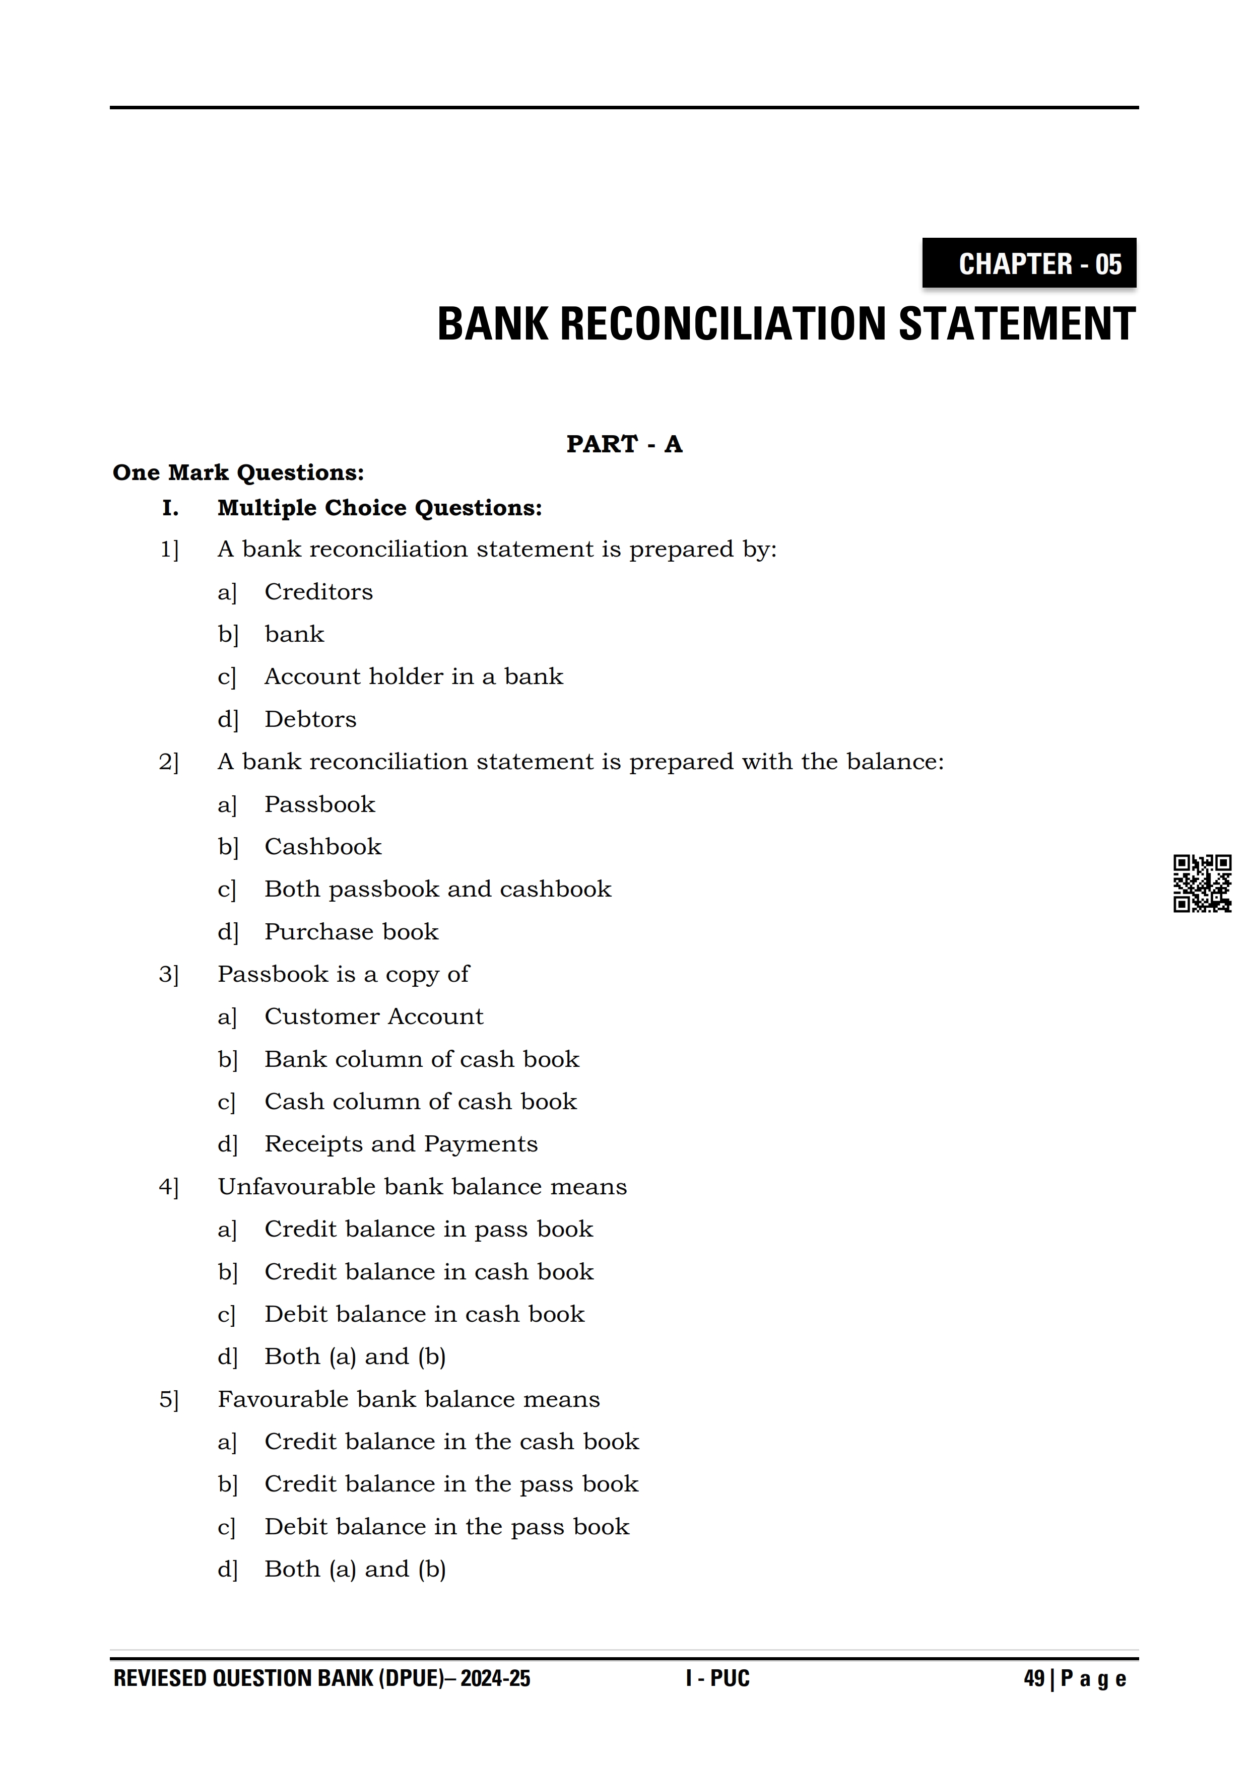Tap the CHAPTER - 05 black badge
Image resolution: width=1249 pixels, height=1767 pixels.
(x=1029, y=263)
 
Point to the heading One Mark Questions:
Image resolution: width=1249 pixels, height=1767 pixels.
(x=238, y=472)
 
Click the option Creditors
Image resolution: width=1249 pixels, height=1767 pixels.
(x=318, y=592)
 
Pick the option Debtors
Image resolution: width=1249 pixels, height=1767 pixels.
(x=310, y=719)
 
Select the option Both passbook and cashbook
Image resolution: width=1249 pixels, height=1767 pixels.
(x=437, y=889)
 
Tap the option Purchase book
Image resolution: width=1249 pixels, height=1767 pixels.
(x=351, y=931)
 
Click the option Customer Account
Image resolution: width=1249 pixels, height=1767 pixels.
(x=373, y=1016)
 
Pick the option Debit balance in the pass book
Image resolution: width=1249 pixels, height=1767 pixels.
(x=446, y=1526)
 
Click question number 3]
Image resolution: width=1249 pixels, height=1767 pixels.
(x=169, y=974)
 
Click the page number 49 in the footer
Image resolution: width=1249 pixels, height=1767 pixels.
(x=1033, y=1678)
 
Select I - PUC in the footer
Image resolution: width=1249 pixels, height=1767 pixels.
(x=717, y=1678)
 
